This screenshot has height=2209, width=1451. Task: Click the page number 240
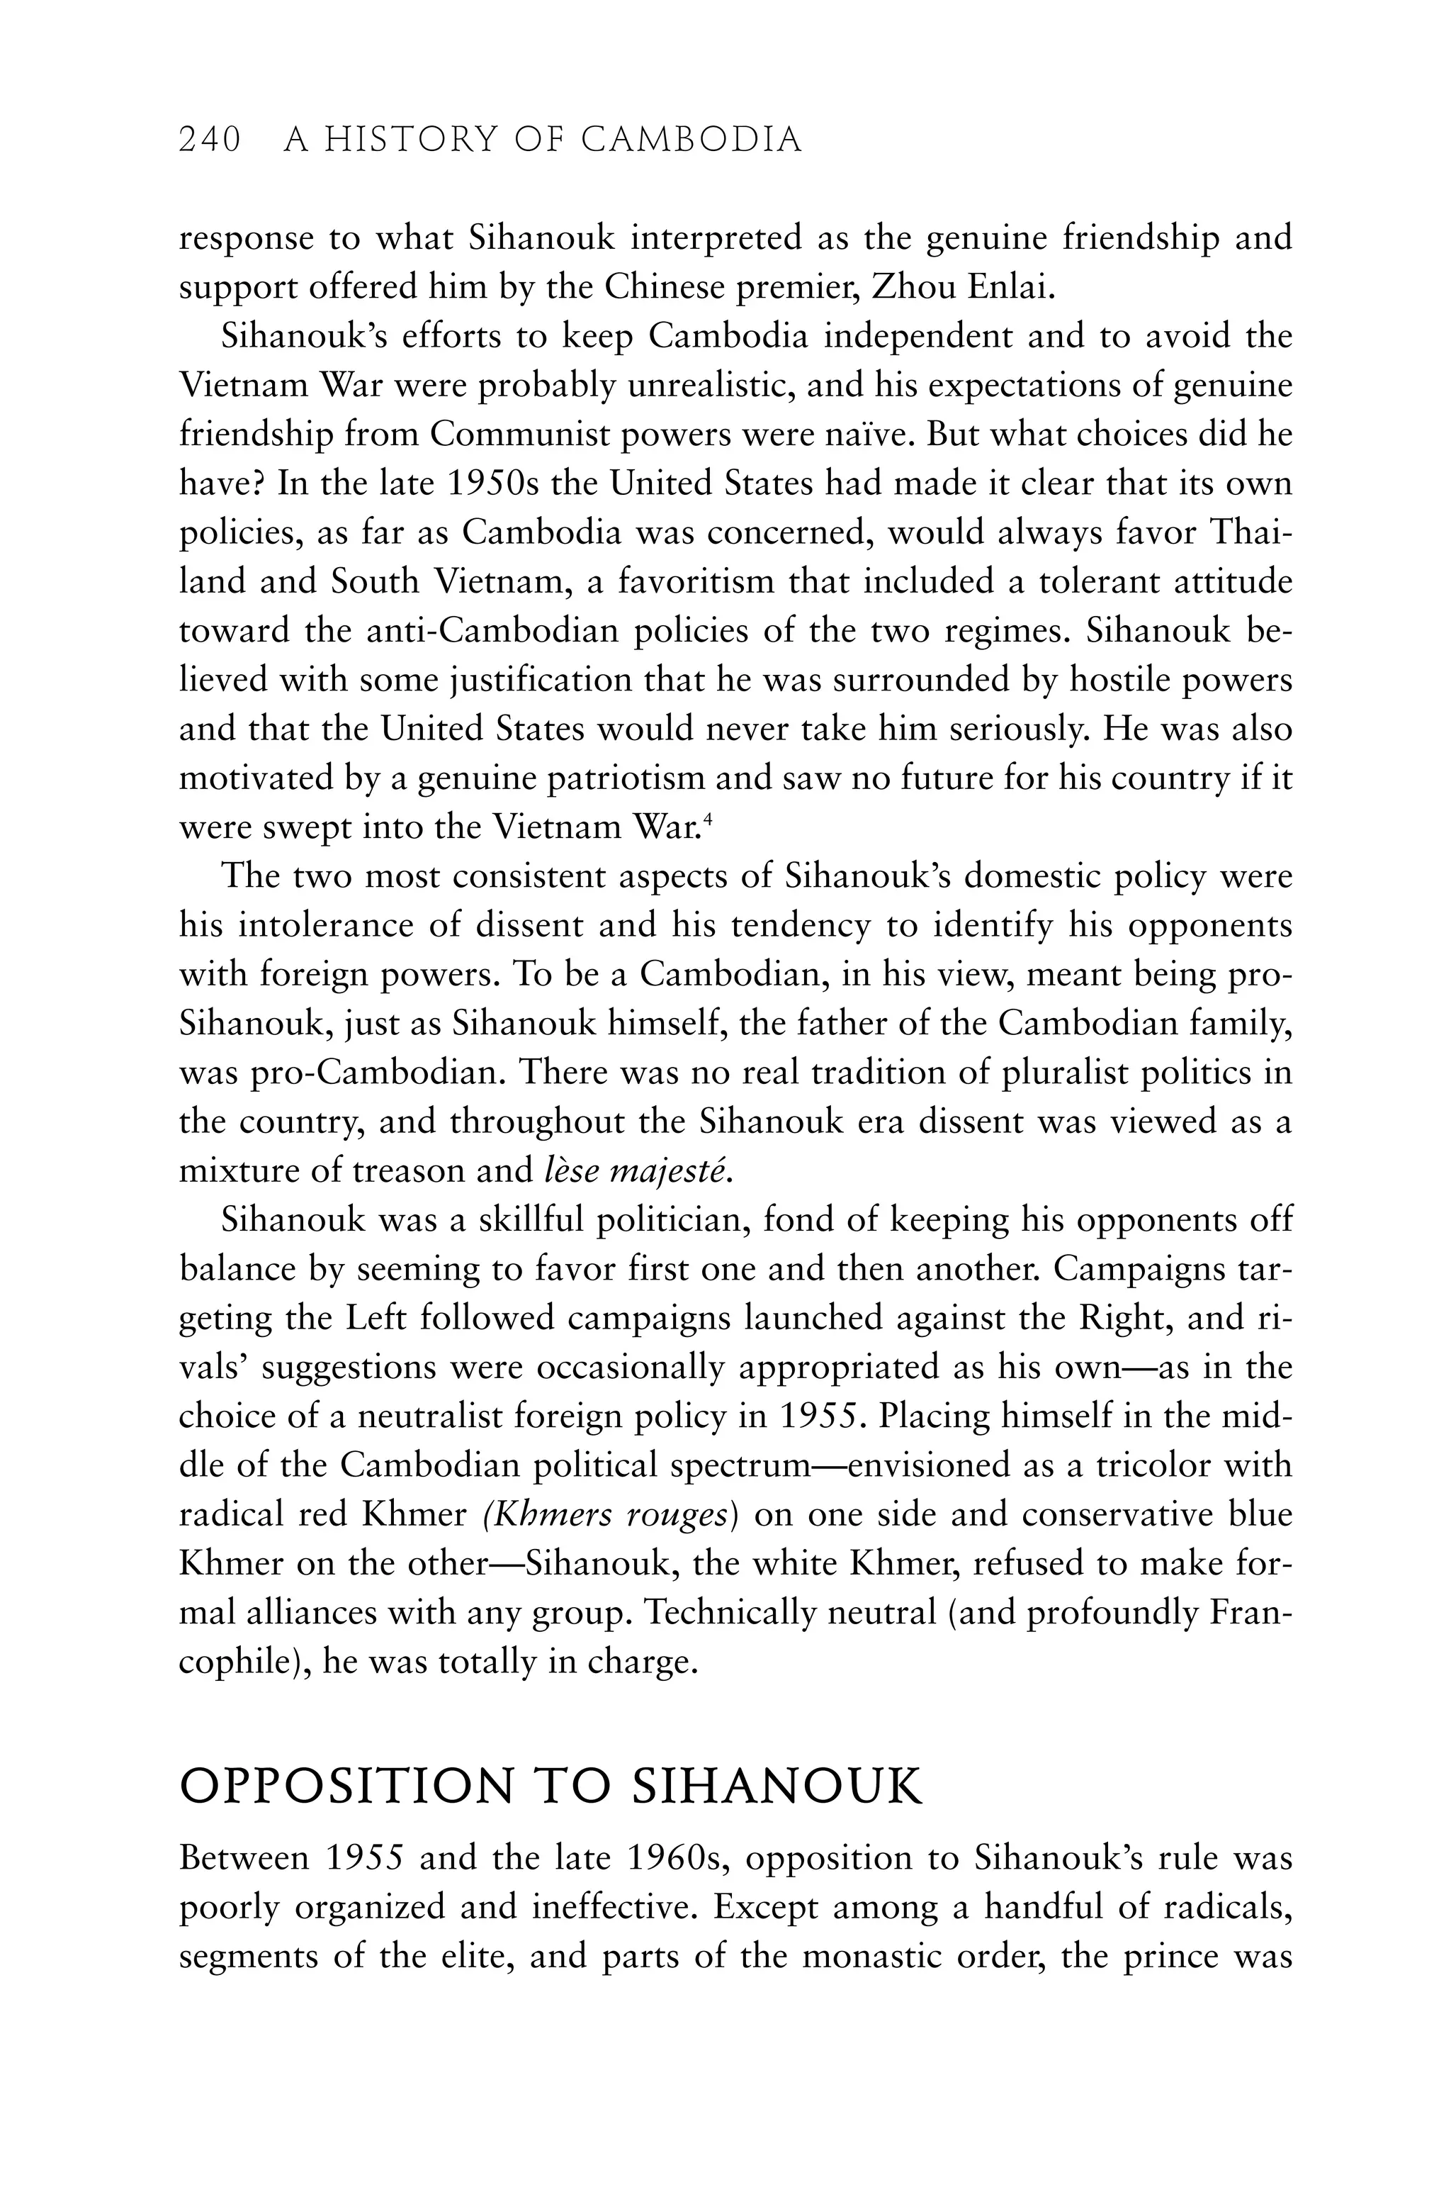[x=210, y=140]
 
